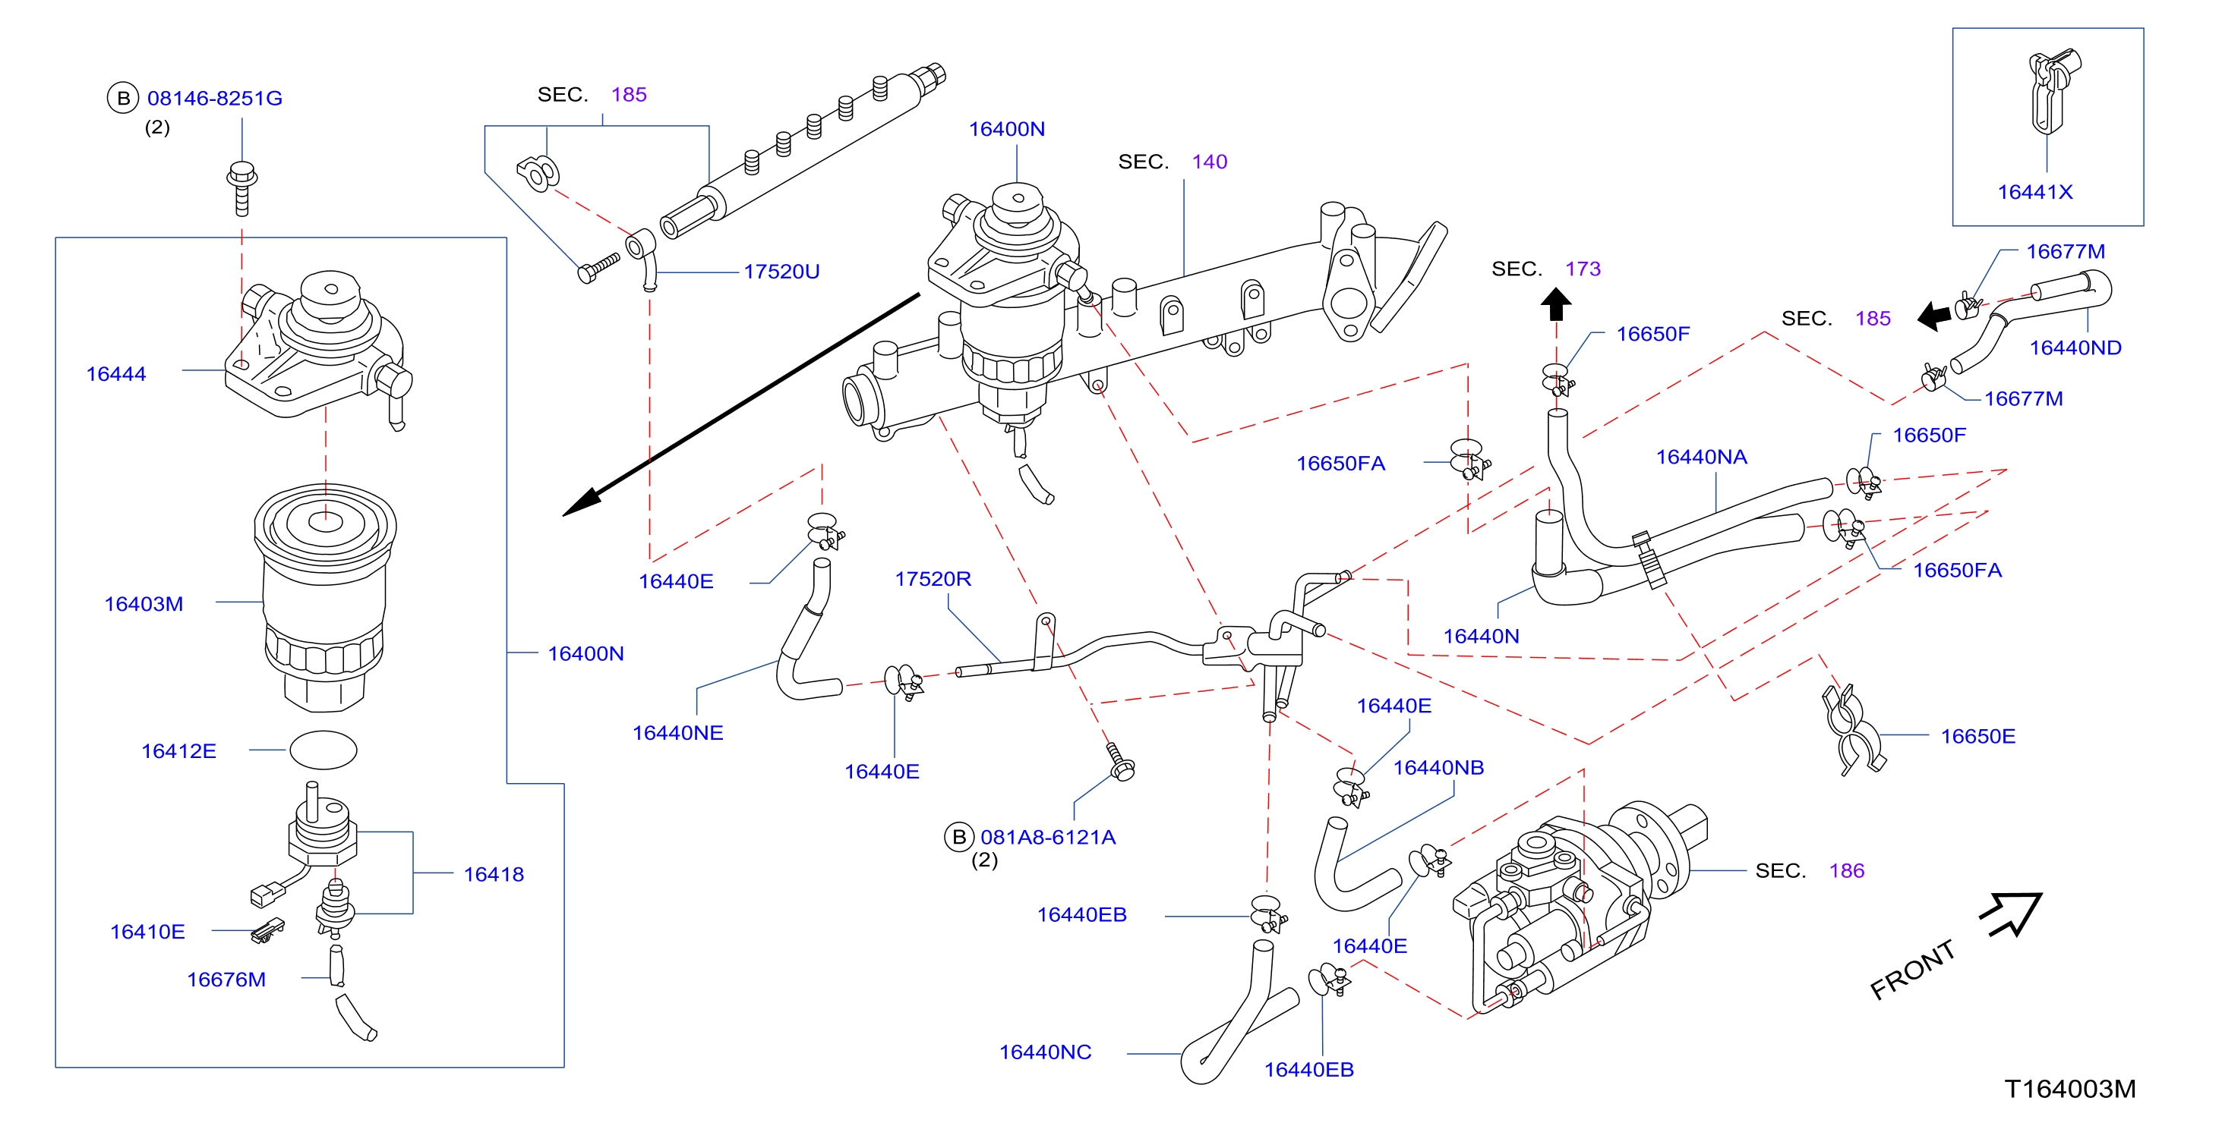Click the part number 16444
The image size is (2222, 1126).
[116, 374]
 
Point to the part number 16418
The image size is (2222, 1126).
[494, 874]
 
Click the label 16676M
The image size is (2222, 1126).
[227, 980]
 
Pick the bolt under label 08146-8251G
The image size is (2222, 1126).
[242, 188]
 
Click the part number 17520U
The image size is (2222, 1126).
[781, 272]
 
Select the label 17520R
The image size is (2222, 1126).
[933, 578]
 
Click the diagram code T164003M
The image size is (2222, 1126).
[2071, 1089]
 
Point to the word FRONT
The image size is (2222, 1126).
[1912, 970]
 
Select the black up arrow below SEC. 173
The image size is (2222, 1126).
[1556, 304]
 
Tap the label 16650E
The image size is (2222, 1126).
[1979, 736]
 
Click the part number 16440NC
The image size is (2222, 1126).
[1046, 1052]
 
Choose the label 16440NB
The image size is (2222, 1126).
[1439, 767]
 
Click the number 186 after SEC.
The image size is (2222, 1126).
[1847, 871]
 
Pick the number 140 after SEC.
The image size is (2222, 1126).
[1209, 162]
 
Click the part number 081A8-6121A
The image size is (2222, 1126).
[1048, 837]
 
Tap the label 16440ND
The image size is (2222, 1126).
[2075, 348]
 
